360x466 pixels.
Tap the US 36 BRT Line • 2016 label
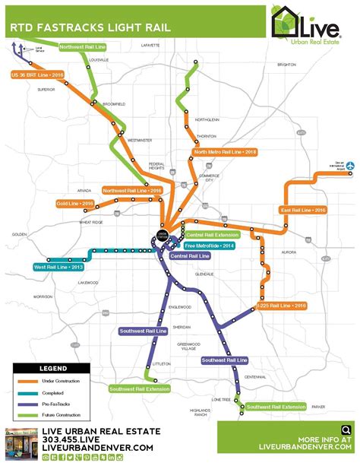click(38, 75)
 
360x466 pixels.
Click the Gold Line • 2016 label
click(74, 203)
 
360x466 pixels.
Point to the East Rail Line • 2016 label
click(302, 209)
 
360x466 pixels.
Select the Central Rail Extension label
click(210, 236)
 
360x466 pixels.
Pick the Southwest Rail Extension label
click(139, 388)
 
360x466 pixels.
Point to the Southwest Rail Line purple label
click(144, 331)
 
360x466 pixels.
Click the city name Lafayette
click(151, 46)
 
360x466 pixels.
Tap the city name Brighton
click(286, 65)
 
